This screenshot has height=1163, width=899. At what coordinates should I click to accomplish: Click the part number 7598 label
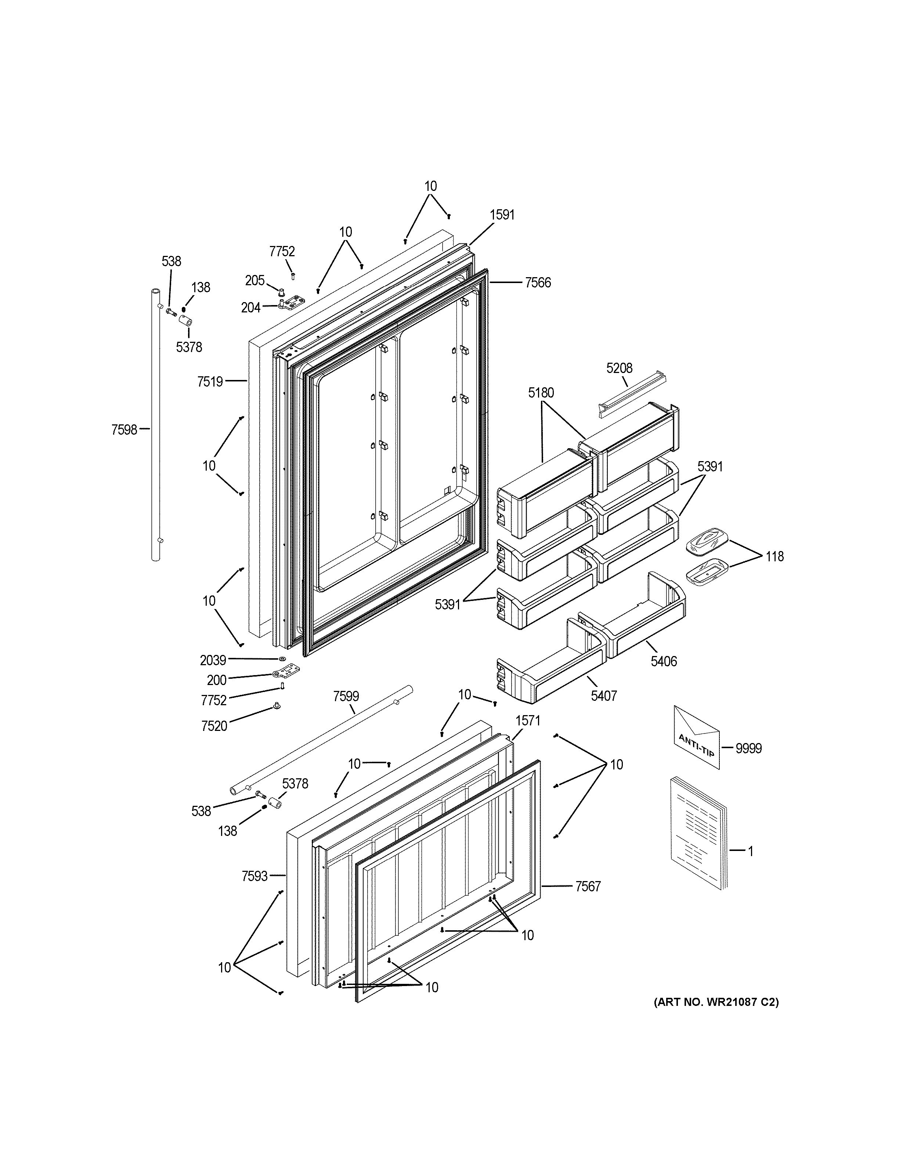point(124,430)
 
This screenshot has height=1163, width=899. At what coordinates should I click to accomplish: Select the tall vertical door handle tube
point(155,426)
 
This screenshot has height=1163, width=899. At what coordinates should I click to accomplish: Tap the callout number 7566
point(538,283)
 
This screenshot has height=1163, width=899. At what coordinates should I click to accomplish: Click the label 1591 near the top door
point(502,215)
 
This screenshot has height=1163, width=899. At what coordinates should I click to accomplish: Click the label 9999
point(748,748)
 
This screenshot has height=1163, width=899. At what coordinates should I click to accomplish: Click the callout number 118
point(775,557)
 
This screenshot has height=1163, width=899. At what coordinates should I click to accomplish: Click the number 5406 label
point(664,662)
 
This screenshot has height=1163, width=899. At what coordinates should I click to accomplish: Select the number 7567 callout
point(588,886)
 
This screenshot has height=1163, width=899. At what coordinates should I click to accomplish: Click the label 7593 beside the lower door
point(254,876)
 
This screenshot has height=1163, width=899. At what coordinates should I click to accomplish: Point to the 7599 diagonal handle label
point(346,696)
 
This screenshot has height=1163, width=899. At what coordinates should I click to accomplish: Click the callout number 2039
point(213,660)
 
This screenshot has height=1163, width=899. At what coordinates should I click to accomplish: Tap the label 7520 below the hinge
point(214,726)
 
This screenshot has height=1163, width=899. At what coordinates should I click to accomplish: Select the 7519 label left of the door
point(210,381)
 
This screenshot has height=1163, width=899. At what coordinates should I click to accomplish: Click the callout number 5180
point(541,393)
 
